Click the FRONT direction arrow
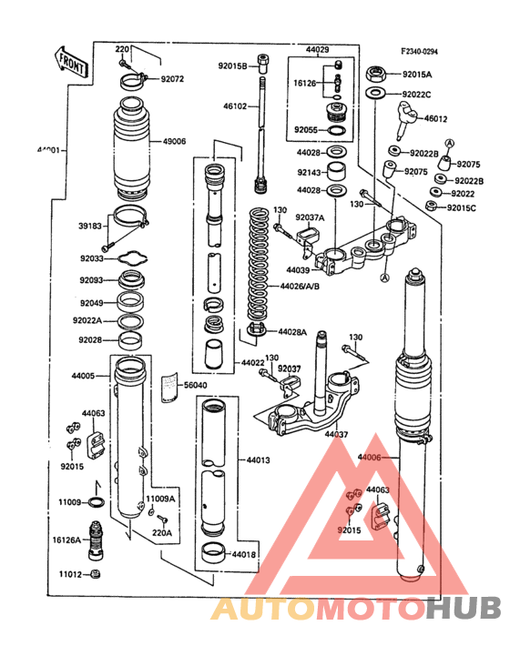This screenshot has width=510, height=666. tap(72, 61)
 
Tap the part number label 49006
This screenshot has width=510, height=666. tap(175, 142)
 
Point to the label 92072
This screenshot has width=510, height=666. tap(172, 79)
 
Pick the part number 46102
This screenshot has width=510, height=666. tap(235, 106)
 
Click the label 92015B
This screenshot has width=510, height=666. tap(232, 66)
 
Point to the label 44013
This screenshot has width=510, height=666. tap(258, 460)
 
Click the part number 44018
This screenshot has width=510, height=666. tap(243, 553)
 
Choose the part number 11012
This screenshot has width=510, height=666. tap(71, 574)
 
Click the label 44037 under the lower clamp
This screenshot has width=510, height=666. tap(336, 435)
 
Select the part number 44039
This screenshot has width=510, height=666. tap(298, 270)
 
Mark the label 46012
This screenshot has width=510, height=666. tap(436, 118)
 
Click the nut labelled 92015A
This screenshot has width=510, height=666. tap(374, 74)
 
